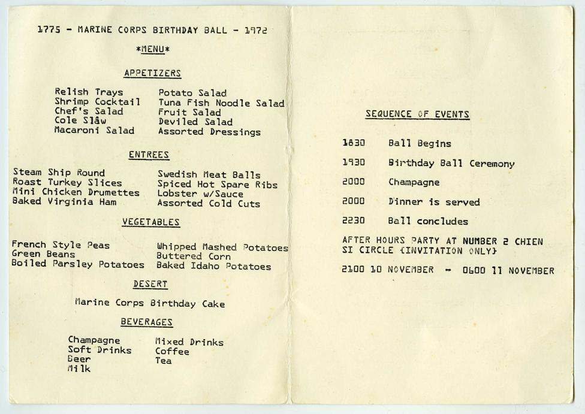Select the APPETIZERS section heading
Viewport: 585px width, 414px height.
(x=152, y=73)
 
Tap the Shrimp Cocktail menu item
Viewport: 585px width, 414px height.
(x=97, y=102)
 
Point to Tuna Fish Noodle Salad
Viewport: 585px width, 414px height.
(x=221, y=103)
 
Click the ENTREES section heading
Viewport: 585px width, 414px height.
(x=149, y=155)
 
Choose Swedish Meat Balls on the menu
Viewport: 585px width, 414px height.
(x=209, y=175)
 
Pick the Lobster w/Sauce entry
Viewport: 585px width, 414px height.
(x=200, y=194)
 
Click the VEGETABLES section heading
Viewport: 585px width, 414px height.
(x=151, y=222)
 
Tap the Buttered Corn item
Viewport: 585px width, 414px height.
(x=194, y=256)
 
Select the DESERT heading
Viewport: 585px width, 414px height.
(x=150, y=284)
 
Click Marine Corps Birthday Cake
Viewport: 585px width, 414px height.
(x=150, y=303)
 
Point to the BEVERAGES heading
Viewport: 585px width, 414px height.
(x=146, y=322)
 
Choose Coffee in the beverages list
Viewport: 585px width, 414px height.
(x=172, y=352)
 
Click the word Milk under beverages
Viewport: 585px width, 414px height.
(x=79, y=370)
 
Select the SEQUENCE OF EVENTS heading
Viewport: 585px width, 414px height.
(x=417, y=114)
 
